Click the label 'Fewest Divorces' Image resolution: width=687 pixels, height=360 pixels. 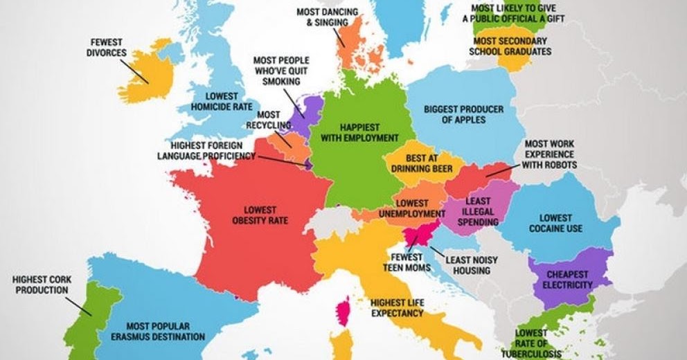point(107,46)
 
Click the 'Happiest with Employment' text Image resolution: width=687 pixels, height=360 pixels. point(359,132)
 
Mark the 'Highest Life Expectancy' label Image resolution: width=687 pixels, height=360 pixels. point(396,308)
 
